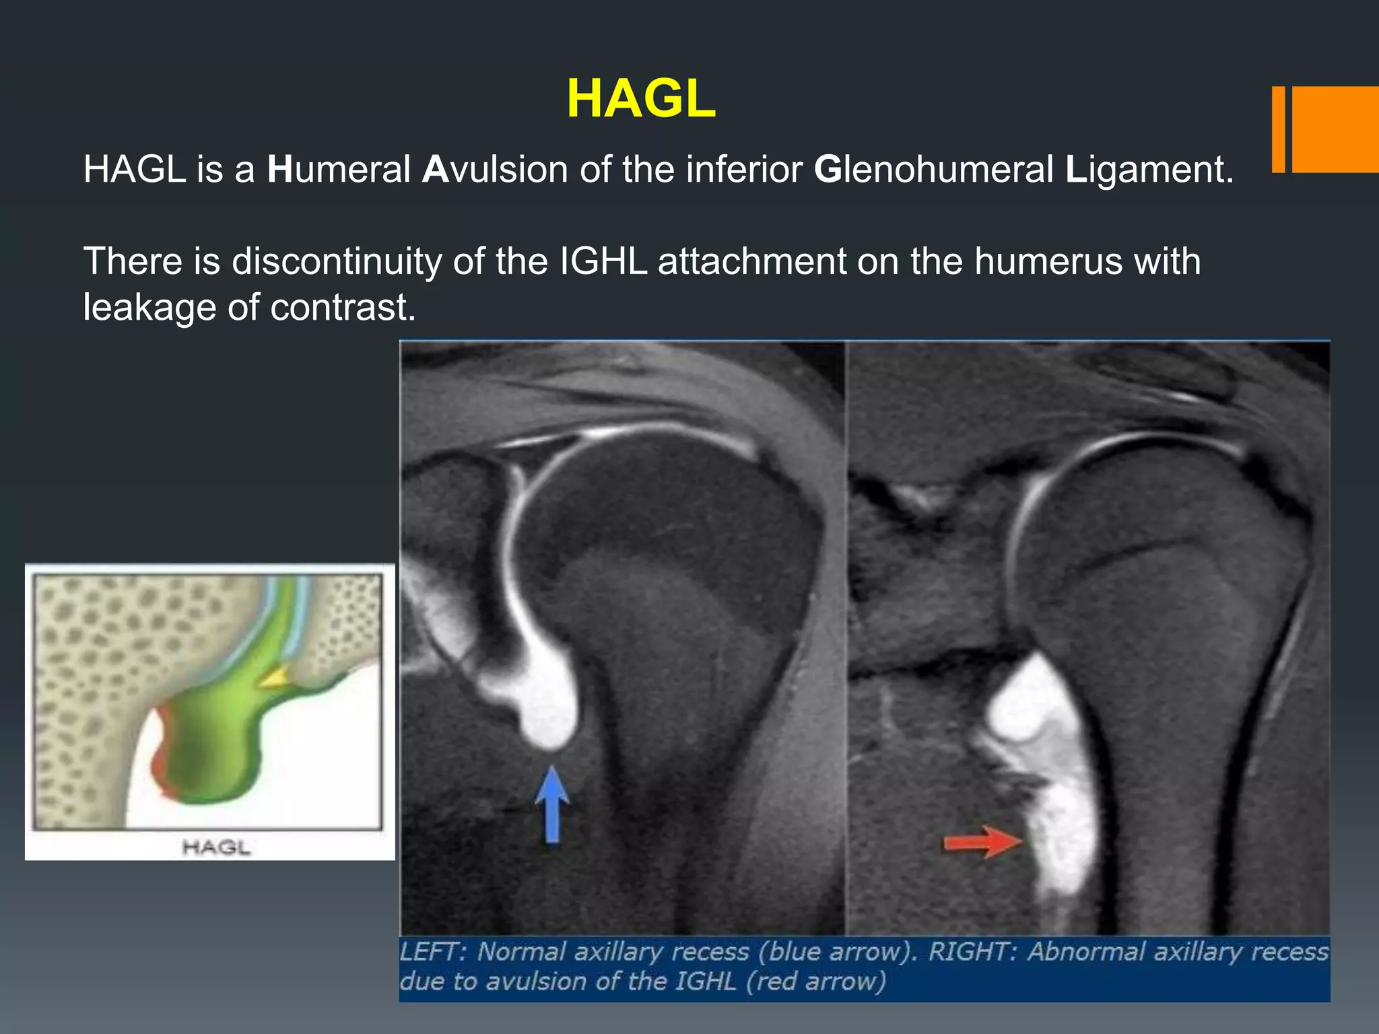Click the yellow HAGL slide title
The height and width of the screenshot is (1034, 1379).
[640, 99]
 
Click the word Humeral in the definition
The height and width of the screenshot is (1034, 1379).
[339, 169]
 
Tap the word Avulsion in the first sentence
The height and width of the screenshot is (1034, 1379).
[495, 169]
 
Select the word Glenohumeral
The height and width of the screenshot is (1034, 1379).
[934, 169]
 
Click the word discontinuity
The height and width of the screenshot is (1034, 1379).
[337, 261]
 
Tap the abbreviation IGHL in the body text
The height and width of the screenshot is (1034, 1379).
[603, 261]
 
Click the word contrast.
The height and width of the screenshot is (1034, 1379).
[343, 307]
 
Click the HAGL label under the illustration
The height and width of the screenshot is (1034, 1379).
[216, 847]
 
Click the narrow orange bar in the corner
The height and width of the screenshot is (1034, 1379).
[1278, 129]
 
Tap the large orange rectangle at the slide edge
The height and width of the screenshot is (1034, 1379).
[1335, 129]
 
